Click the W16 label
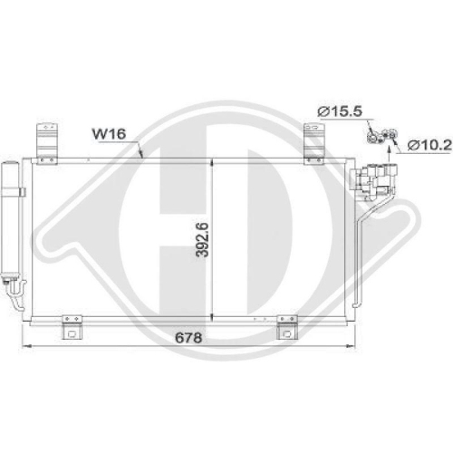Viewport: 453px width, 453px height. tap(109, 134)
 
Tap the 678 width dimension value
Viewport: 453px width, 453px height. tap(188, 338)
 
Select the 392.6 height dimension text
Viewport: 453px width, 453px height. tap(202, 240)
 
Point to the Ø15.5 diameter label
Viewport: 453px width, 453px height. tap(340, 111)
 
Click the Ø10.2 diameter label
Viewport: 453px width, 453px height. tap(429, 146)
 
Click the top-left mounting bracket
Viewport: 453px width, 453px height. tap(47, 144)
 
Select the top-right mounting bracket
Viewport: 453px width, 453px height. tap(314, 144)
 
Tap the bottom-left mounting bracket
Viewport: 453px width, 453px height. tap(72, 327)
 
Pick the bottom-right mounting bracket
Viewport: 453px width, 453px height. tap(287, 327)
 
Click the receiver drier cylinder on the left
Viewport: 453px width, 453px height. tap(10, 218)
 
